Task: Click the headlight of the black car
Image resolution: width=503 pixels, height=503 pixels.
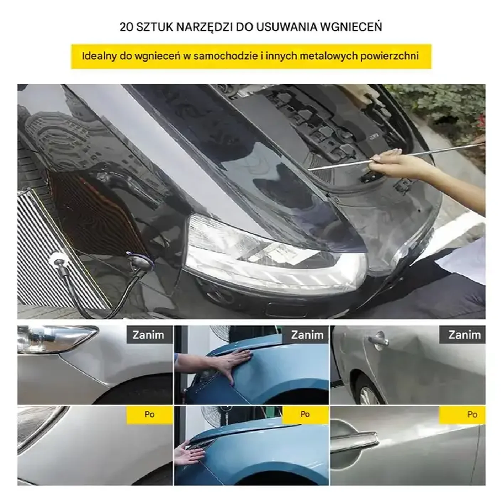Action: pyautogui.click(x=274, y=254)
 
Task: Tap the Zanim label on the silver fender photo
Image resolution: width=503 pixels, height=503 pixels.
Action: pyautogui.click(x=148, y=335)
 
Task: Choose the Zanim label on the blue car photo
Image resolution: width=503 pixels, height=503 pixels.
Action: pyautogui.click(x=307, y=335)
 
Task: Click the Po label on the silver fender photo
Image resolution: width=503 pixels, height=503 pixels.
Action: pyautogui.click(x=149, y=414)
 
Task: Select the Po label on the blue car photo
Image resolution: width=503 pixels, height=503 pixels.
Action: pyautogui.click(x=305, y=414)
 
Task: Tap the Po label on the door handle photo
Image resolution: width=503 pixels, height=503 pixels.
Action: pyautogui.click(x=472, y=415)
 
